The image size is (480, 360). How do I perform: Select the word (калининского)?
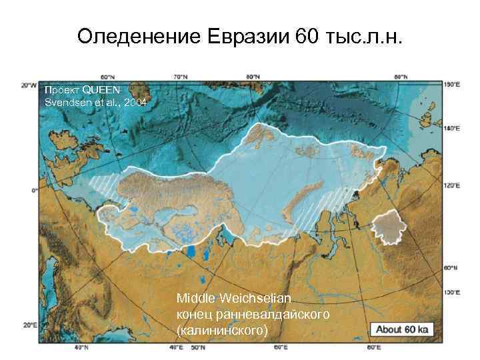(x=222, y=329)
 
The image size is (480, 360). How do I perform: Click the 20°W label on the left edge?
(x=27, y=85)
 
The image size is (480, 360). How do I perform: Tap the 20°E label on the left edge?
(x=29, y=326)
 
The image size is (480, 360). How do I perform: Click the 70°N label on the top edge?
(x=179, y=77)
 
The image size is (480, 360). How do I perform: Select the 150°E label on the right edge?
(x=452, y=85)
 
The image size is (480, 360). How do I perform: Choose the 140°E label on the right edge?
(x=452, y=127)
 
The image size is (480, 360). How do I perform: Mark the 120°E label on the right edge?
(x=452, y=185)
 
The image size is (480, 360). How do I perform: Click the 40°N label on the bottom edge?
(x=81, y=347)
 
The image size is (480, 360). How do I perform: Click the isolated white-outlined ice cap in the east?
(x=389, y=227)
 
